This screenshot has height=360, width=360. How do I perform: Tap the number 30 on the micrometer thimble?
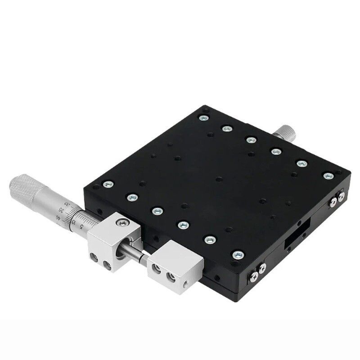tap(67, 205)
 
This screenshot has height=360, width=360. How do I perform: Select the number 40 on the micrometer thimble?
tap(58, 217)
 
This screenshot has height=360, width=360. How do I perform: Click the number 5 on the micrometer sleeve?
tap(81, 226)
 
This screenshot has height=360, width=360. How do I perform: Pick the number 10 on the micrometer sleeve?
tap(74, 222)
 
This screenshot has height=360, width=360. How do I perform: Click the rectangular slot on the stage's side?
tap(295, 237)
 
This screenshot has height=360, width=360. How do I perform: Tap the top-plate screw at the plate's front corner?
tap(237, 255)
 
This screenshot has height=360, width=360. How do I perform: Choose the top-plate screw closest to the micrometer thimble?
tap(108, 184)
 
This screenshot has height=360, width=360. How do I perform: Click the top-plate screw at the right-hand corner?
tap(328, 175)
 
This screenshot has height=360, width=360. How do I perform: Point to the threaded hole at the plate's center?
tap(219, 179)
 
